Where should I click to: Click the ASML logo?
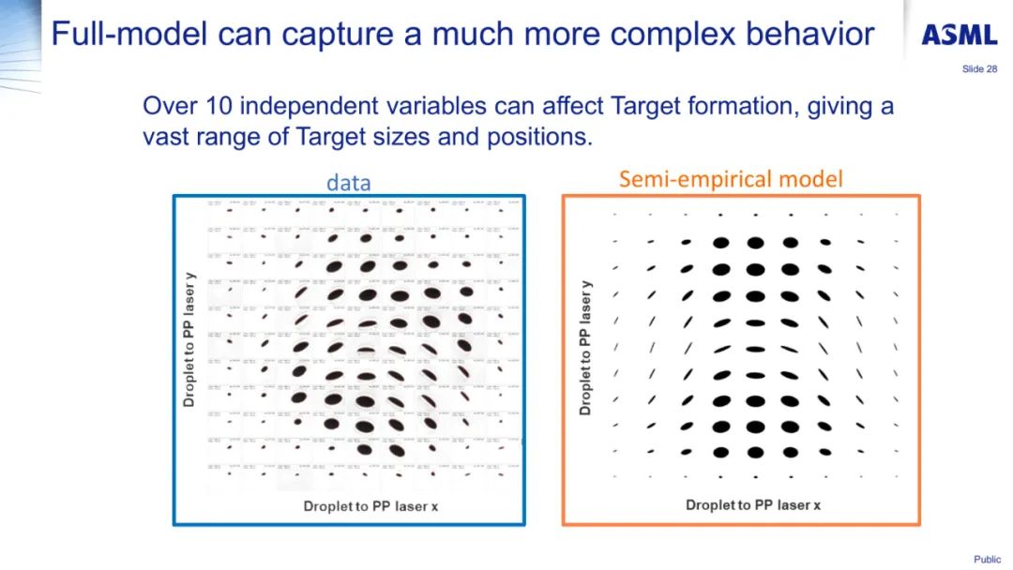(958, 36)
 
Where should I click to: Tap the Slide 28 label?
(979, 69)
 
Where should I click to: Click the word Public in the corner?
(987, 560)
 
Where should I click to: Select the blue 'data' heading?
(348, 183)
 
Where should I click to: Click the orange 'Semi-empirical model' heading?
(731, 178)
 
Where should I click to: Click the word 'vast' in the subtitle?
(165, 137)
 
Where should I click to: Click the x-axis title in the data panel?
(371, 506)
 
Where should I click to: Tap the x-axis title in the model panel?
(753, 504)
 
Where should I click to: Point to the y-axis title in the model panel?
(586, 347)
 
